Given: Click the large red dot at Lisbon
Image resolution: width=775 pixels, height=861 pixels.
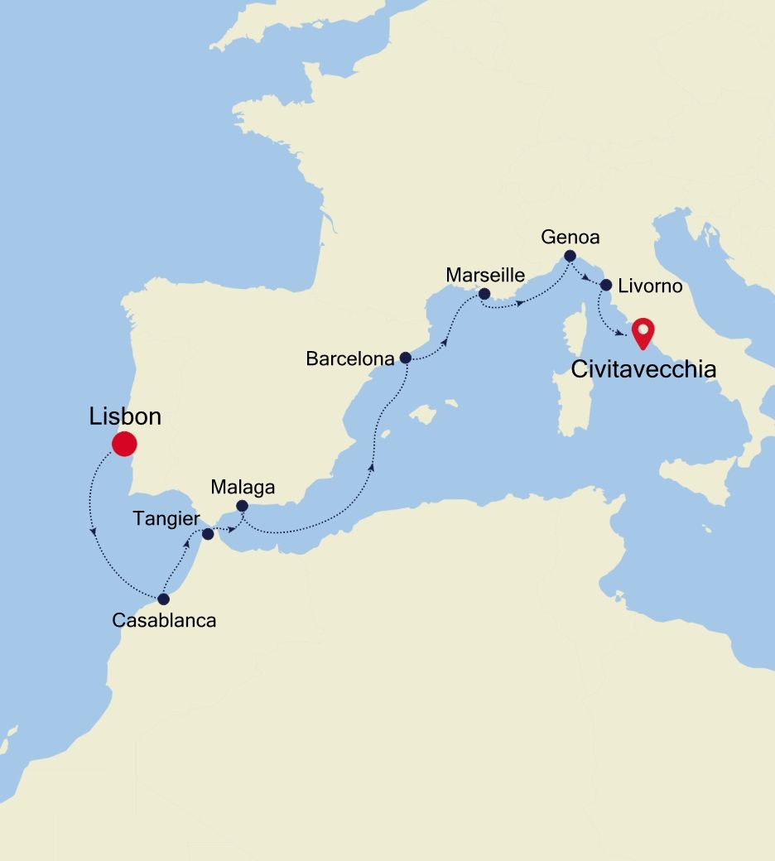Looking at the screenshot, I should pos(123,444).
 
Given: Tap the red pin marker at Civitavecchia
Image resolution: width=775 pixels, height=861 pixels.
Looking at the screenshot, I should pos(642,333).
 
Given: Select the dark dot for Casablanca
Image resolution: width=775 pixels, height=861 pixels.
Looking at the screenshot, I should pos(163,599).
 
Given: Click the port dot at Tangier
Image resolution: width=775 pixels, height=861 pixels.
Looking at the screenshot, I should pos(208,534).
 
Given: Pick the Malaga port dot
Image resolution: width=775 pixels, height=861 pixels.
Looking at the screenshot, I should pos(242,506).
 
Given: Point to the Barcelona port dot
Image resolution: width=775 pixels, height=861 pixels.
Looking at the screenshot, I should pos(405,358).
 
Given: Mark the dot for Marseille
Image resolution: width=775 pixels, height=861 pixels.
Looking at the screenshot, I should pos(484,293).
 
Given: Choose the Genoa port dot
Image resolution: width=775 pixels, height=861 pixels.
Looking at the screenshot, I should pos(570,256).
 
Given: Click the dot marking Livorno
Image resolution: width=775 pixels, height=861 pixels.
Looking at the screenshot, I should pos(605,286).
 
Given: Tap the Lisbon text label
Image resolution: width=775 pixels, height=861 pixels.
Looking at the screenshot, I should pos(125,417).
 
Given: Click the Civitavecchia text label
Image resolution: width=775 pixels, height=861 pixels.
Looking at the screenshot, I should pos(643,369).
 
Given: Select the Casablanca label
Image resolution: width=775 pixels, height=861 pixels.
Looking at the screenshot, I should pos(164,620).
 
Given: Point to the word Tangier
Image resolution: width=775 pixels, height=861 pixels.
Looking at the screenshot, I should pos(166,519).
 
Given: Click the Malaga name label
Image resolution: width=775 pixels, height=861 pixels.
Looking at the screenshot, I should pos(243,487).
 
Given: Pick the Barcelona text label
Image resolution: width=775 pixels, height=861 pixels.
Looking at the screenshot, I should pos(349,359).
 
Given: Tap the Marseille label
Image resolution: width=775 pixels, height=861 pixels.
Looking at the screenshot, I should pos(485,274).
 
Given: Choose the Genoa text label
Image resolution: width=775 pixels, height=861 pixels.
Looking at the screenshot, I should pos(570,237).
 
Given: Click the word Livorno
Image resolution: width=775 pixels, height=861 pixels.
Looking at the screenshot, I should pos(651,286).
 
